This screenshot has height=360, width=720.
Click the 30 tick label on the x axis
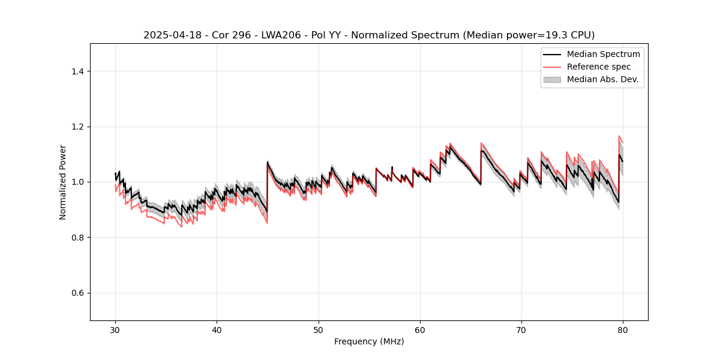pyautogui.click(x=115, y=330)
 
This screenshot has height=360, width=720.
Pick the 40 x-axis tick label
pyautogui.click(x=217, y=330)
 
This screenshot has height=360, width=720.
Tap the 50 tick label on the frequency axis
pyautogui.click(x=319, y=330)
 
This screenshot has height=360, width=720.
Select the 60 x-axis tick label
pyautogui.click(x=420, y=330)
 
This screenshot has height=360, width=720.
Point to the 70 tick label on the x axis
pyautogui.click(x=521, y=330)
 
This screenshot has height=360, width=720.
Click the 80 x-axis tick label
pyautogui.click(x=623, y=330)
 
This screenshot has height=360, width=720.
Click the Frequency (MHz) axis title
pyautogui.click(x=369, y=341)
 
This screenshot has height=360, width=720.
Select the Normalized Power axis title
pyautogui.click(x=63, y=182)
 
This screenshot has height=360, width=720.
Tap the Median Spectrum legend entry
pyautogui.click(x=603, y=54)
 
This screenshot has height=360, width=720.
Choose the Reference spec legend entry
pyautogui.click(x=598, y=67)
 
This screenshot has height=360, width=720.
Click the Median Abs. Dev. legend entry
pyautogui.click(x=602, y=79)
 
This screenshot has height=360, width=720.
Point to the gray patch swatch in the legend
pyautogui.click(x=552, y=79)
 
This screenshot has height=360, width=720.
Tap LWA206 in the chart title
pyautogui.click(x=281, y=35)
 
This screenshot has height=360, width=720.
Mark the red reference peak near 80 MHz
pyautogui.click(x=619, y=136)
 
